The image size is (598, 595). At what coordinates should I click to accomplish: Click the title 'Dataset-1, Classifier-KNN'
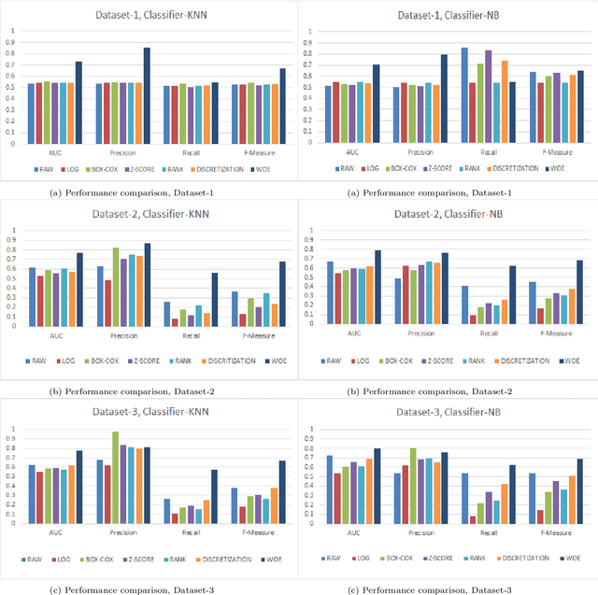coord(150,15)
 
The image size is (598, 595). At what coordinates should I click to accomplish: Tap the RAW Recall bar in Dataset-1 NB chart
coord(464,95)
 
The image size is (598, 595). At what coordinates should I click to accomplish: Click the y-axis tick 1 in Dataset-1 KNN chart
coord(12,30)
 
